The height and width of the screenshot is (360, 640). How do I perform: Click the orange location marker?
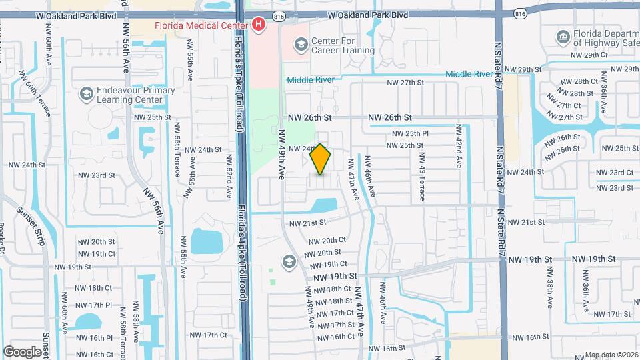click(x=321, y=159)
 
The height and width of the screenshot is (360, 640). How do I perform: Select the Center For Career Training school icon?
click(x=301, y=45)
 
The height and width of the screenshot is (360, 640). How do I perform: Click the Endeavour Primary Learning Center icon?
click(x=86, y=94)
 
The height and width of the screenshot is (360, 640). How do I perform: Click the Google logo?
click(x=23, y=351)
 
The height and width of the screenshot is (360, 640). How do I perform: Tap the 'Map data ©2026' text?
click(x=611, y=355)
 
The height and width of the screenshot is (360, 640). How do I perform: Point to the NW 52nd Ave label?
click(x=228, y=177)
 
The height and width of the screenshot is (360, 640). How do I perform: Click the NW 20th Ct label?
click(x=327, y=240)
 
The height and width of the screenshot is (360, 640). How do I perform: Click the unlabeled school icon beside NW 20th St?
click(x=289, y=261)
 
